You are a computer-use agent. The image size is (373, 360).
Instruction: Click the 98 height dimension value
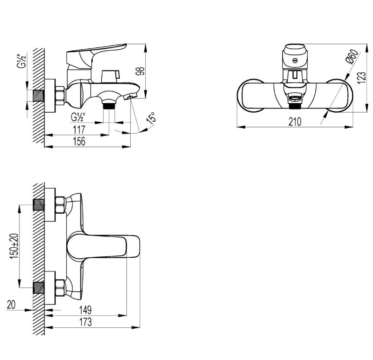tap(141, 71)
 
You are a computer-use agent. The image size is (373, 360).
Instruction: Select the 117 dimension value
tap(79, 130)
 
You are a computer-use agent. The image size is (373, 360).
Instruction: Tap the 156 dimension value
tap(79, 142)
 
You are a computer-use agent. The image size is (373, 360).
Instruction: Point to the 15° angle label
tap(151, 118)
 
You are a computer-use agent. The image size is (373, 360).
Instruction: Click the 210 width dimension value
tap(295, 122)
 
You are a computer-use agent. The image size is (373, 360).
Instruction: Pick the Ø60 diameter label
tap(352, 56)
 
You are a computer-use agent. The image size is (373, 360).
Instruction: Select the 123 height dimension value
tap(362, 78)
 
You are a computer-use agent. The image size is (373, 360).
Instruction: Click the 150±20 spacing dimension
tap(14, 246)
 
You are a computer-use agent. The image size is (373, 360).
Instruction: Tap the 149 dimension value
tap(85, 310)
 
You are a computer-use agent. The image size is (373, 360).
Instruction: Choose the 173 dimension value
tap(85, 322)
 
